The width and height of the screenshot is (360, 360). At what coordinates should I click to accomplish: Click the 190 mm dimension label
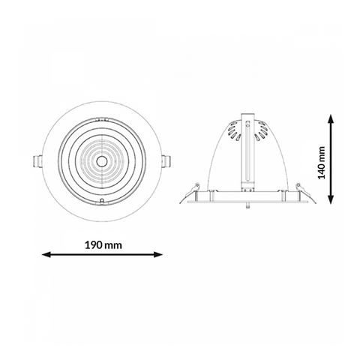pyautogui.click(x=103, y=245)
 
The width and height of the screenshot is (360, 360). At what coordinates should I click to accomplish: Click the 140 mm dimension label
pyautogui.click(x=322, y=163)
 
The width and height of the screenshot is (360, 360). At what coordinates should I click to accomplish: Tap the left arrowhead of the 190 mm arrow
pyautogui.click(x=46, y=254)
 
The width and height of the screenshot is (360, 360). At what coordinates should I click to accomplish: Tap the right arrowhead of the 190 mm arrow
pyautogui.click(x=158, y=254)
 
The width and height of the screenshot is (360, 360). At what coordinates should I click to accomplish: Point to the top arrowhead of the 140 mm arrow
pyautogui.click(x=331, y=119)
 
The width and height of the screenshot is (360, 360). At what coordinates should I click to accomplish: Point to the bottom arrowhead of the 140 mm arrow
pyautogui.click(x=331, y=199)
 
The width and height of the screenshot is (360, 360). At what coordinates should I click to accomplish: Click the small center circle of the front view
pyautogui.click(x=101, y=161)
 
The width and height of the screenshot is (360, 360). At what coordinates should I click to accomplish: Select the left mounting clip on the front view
pyautogui.click(x=37, y=161)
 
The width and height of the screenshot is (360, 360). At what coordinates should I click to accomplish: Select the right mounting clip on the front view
pyautogui.click(x=166, y=161)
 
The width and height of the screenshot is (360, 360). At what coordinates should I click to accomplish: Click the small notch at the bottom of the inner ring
pyautogui.click(x=102, y=201)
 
